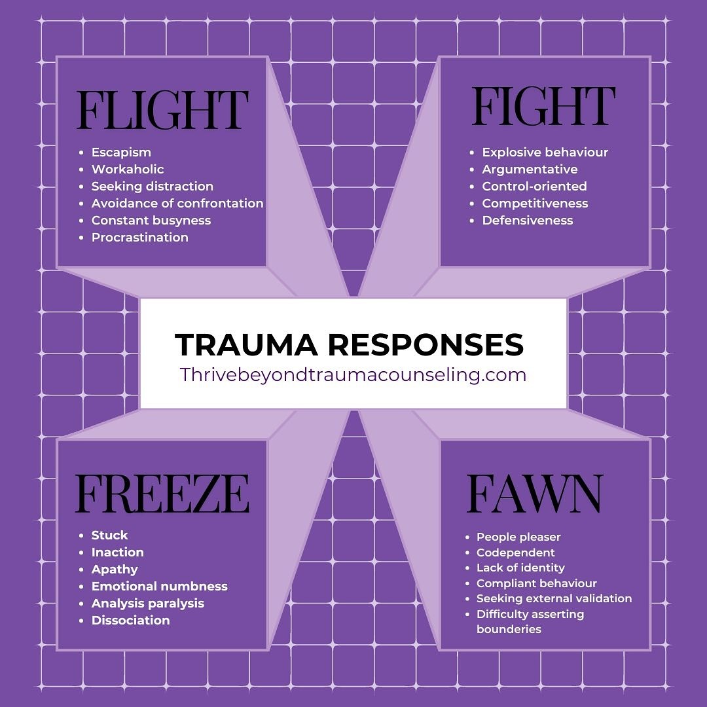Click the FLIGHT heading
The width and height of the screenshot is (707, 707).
162,110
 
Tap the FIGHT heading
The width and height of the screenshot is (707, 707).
543,107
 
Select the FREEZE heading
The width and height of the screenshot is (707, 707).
162,494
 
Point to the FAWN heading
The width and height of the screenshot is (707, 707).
534,494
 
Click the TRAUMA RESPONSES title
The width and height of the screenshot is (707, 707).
349,344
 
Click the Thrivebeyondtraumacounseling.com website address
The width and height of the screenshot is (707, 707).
353,374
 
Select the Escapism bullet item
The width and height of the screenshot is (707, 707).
121,153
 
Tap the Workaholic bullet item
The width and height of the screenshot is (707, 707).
128,170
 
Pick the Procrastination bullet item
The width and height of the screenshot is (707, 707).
139,238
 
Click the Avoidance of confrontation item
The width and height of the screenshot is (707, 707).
177,204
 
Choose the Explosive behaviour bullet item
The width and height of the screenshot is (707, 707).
545,153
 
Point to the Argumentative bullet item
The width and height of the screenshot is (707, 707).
530,170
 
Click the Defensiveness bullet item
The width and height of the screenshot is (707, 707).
527,221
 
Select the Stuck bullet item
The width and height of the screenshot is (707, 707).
109,535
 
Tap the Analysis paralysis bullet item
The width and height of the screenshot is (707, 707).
147,604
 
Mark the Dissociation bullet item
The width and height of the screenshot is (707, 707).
130,621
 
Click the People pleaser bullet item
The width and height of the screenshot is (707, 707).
518,537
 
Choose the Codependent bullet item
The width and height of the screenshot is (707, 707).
515,553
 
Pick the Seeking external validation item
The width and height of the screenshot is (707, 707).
554,598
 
